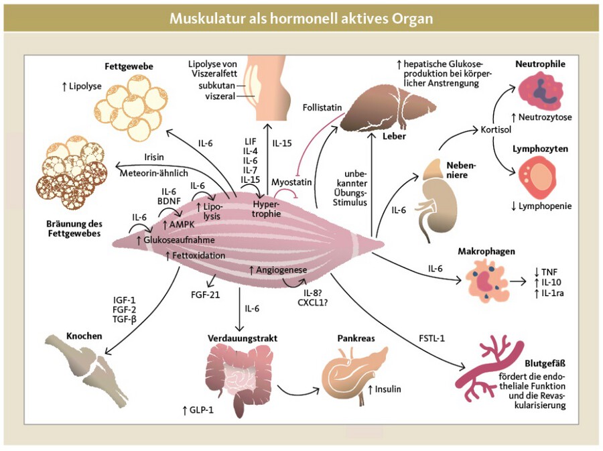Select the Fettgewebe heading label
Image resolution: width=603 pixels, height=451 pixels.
129,66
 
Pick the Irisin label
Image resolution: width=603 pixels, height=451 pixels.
155,156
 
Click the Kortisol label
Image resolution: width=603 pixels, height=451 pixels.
496,128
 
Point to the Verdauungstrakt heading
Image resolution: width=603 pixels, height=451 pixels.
242,338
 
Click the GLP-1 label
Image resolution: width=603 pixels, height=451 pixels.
198,409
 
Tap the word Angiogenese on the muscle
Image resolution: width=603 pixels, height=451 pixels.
281,269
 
